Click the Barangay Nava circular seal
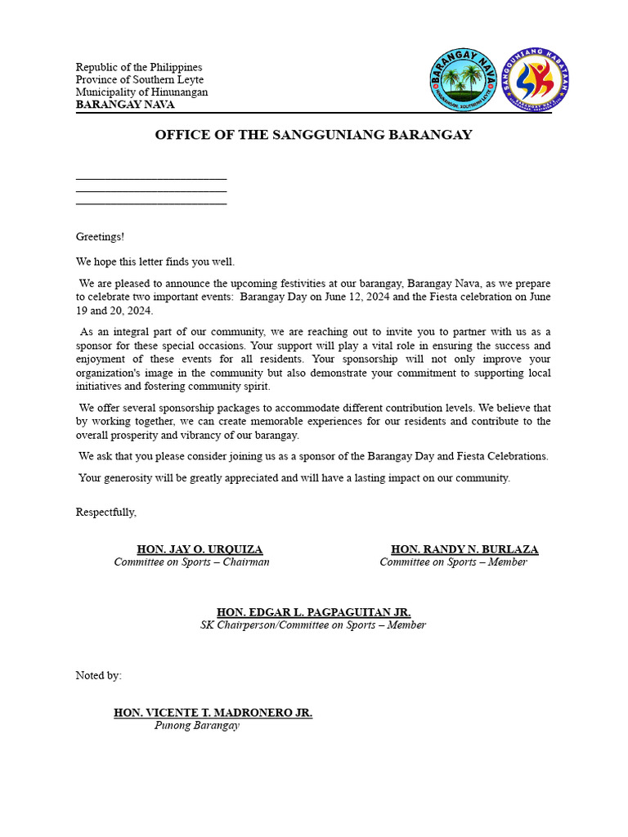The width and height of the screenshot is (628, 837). click(x=464, y=82)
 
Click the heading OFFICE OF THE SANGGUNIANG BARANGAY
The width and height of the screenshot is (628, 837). click(x=313, y=135)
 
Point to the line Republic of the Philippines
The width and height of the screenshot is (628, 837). click(x=139, y=67)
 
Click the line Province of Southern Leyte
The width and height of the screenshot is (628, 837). click(x=140, y=80)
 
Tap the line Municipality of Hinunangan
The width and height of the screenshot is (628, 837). click(x=141, y=92)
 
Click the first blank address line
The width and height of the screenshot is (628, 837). click(x=151, y=177)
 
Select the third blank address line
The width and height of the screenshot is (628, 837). click(x=151, y=202)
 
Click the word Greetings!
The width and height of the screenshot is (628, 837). click(x=100, y=237)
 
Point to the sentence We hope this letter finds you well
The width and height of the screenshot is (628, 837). click(x=155, y=262)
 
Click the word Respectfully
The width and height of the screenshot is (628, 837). click(x=106, y=512)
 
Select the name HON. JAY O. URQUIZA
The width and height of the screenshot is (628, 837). click(x=200, y=549)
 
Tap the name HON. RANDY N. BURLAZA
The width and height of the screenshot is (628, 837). click(x=464, y=549)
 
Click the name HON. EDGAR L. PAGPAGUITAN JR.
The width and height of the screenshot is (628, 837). click(x=313, y=612)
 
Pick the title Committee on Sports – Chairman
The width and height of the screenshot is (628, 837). click(x=191, y=562)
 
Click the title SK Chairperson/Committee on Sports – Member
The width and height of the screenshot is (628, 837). click(x=313, y=625)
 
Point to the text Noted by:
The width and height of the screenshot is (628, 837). click(x=99, y=675)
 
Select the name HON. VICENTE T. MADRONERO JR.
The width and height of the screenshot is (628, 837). click(x=213, y=713)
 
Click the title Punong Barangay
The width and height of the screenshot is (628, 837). click(x=197, y=726)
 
